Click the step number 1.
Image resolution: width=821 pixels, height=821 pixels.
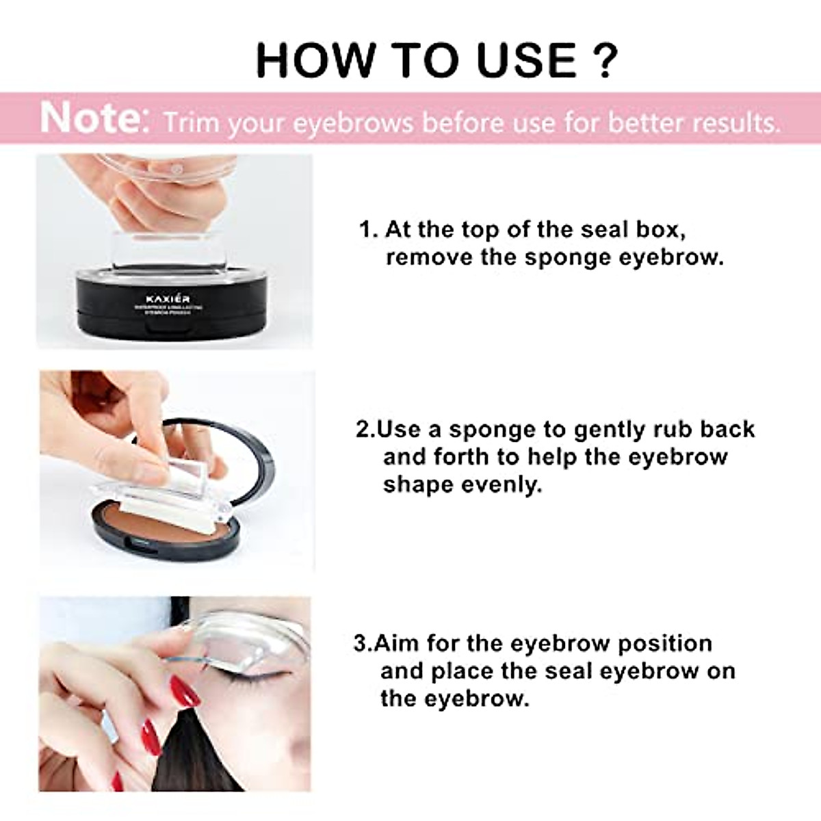tap(367, 229)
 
